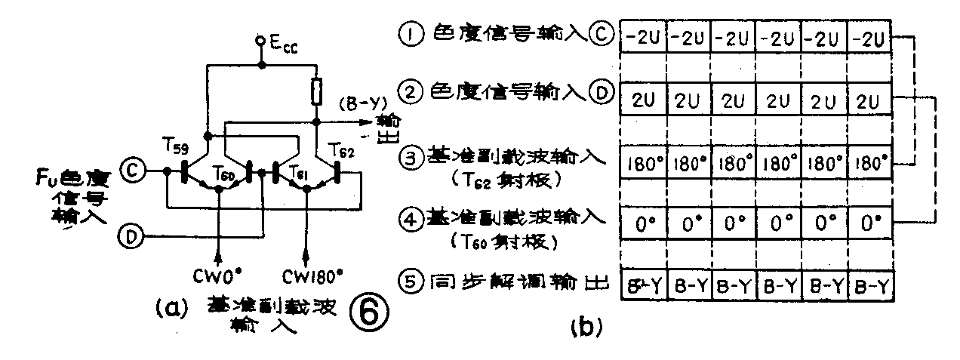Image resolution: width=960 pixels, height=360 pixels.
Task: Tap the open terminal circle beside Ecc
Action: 260,39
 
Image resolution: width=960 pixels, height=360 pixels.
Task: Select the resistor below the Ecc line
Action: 316,93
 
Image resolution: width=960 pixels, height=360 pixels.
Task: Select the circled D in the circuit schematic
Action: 131,237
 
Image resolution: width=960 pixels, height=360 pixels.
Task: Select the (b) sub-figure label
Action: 584,326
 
